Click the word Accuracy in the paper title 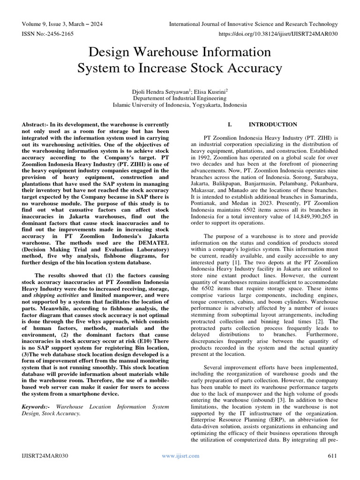click(x=252, y=68)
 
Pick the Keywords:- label click(x=37, y=407)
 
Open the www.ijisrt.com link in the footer click(x=180, y=456)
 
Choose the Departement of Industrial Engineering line click(x=180, y=98)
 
